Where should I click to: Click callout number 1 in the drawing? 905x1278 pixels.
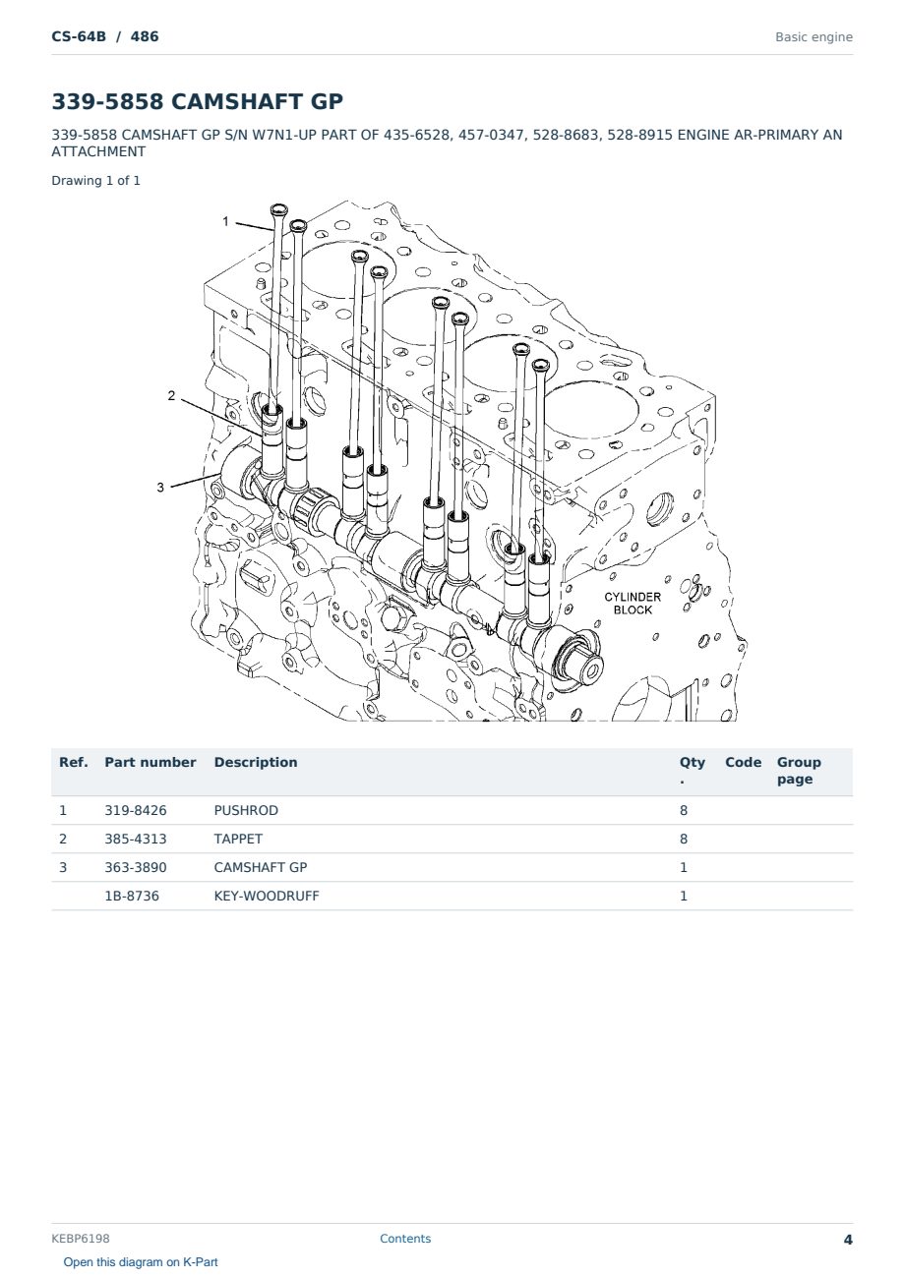225,221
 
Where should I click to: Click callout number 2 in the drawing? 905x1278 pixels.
171,395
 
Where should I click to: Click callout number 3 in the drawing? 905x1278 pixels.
160,488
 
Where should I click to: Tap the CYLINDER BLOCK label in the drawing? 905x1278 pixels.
633,603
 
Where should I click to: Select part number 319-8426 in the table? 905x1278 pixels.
136,810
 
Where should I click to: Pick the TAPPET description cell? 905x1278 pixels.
238,839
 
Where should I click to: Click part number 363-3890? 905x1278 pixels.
136,867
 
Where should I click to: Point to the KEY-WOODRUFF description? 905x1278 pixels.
267,896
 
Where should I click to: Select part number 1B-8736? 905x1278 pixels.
132,896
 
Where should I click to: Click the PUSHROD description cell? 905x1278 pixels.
246,810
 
